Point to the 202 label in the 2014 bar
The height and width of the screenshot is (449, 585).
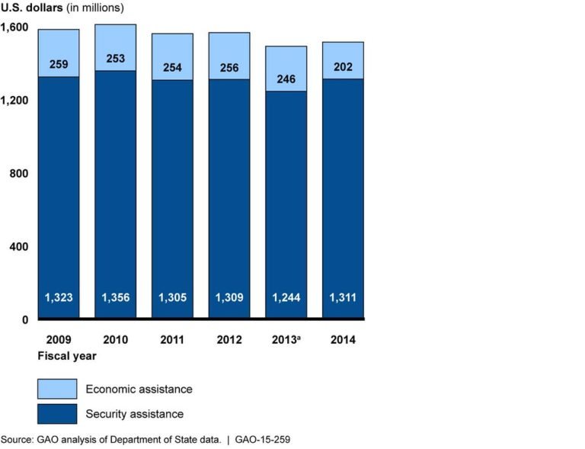(x=342, y=66)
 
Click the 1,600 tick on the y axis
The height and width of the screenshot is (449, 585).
(x=14, y=27)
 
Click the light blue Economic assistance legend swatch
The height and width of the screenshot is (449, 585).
(x=57, y=389)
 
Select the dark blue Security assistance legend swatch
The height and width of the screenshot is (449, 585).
(x=57, y=413)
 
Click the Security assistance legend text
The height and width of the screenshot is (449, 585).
(x=135, y=414)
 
